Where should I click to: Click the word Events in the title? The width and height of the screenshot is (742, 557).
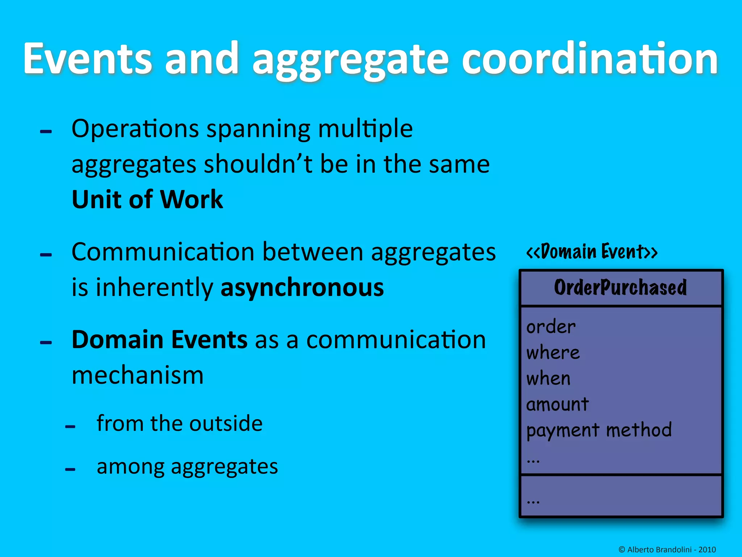(x=87, y=59)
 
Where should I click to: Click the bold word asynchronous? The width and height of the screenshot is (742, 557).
(x=302, y=288)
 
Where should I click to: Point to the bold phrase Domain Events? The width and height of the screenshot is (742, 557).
(x=159, y=340)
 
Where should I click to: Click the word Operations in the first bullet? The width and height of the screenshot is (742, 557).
(x=135, y=129)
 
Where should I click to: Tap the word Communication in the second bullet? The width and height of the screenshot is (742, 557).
(x=163, y=252)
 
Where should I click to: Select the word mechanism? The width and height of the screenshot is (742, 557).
(x=138, y=375)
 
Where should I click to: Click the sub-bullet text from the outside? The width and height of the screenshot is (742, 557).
(x=179, y=423)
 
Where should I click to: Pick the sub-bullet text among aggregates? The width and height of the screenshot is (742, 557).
(x=187, y=466)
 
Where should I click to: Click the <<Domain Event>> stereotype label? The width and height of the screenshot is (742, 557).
(x=592, y=252)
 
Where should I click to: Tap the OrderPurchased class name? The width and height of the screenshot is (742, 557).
(x=620, y=288)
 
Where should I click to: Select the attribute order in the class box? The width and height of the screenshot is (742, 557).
(x=551, y=327)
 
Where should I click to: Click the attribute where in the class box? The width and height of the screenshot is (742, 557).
(x=553, y=352)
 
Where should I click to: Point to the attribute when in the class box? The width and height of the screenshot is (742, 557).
(x=548, y=379)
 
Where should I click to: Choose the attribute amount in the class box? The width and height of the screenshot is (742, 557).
(x=557, y=404)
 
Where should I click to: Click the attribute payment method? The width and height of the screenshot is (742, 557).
(x=599, y=430)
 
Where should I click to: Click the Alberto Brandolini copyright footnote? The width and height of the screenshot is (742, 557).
(x=667, y=549)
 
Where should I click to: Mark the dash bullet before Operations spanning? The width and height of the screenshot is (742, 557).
(x=46, y=132)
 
